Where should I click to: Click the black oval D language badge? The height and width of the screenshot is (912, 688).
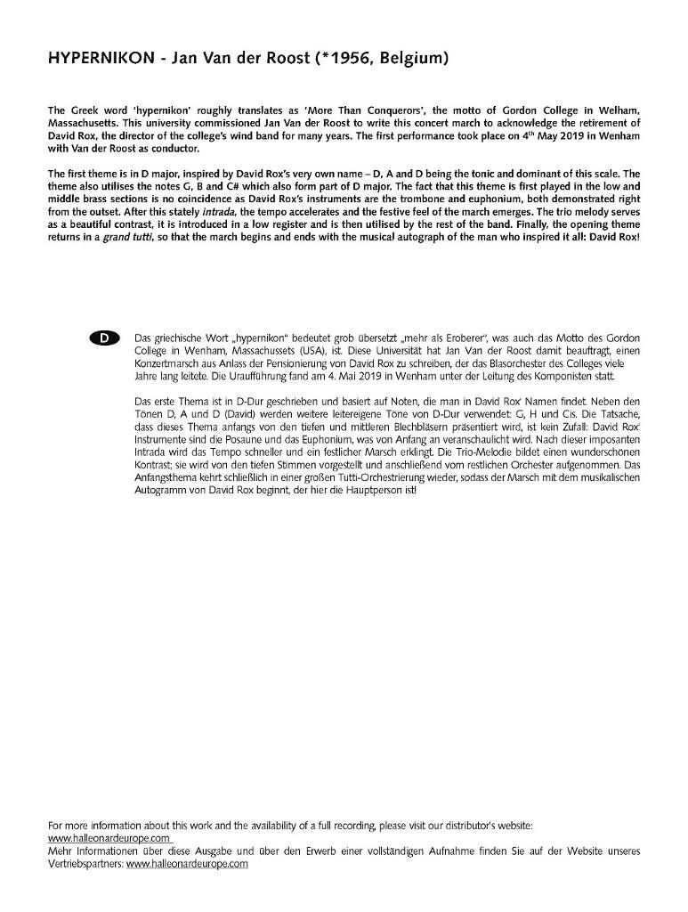click(104, 338)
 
